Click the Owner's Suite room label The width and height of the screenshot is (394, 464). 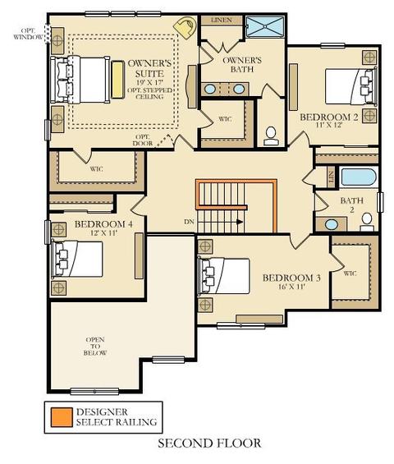149,68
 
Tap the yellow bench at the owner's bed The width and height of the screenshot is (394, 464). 117,80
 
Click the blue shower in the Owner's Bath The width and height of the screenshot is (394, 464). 265,26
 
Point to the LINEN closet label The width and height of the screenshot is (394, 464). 222,21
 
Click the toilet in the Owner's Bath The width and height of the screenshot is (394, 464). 271,136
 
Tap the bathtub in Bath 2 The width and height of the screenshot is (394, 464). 359,177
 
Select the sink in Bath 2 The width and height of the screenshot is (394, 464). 332,224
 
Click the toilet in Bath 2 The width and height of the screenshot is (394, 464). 367,223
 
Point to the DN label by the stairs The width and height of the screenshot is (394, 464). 189,222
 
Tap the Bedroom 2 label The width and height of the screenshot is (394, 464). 329,117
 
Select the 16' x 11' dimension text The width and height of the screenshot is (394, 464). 291,287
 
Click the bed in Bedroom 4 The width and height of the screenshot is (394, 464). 77,260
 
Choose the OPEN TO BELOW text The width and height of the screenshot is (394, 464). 95,347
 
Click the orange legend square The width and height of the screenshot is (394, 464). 62,417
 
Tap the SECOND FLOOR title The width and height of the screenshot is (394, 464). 209,443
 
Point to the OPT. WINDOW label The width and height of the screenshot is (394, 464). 28,34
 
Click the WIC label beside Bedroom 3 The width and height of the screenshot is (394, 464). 350,273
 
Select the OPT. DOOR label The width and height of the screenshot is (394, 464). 143,140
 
